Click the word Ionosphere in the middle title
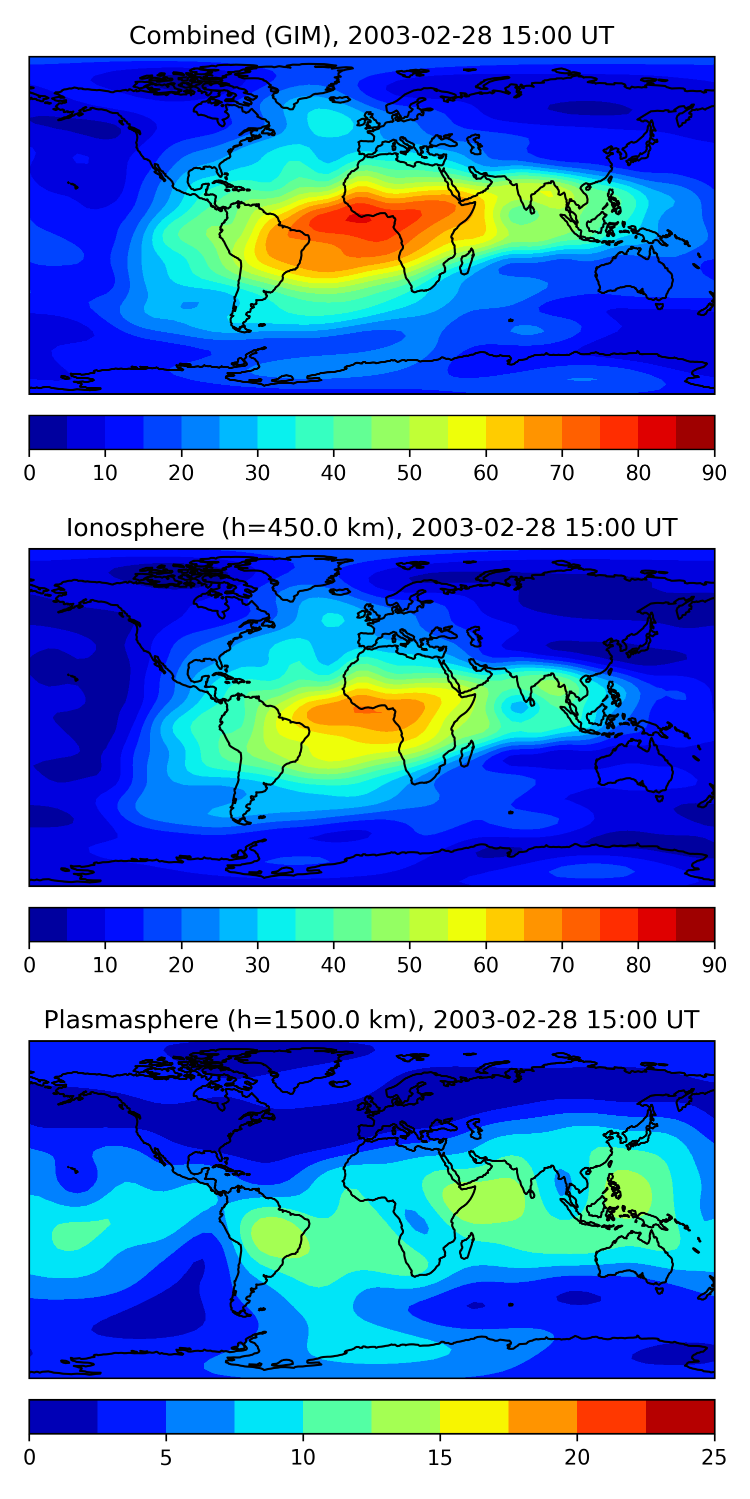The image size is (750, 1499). (x=135, y=528)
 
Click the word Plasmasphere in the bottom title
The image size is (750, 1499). (x=131, y=1020)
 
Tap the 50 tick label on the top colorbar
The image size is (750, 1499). (x=409, y=473)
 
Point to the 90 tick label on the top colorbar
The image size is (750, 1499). (x=714, y=473)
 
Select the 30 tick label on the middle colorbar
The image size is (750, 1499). (x=257, y=965)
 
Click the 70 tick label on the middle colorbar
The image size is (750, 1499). (x=562, y=965)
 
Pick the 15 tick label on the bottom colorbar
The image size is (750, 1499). (x=439, y=1458)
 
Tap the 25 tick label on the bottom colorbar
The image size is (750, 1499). (x=714, y=1458)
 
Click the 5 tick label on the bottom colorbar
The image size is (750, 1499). (x=166, y=1458)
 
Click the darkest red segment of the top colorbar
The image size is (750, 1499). (x=695, y=432)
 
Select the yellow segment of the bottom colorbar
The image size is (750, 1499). (x=474, y=1417)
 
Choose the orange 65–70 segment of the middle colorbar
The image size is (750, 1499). (x=542, y=925)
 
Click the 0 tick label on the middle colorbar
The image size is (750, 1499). (x=29, y=965)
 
